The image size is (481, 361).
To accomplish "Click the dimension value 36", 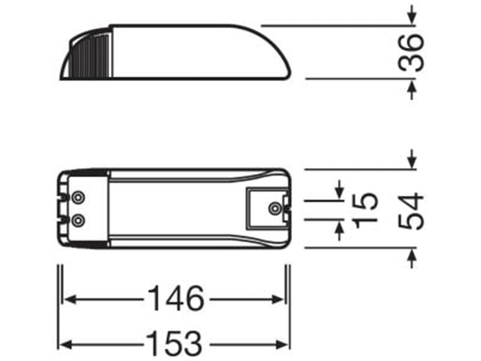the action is (411, 53).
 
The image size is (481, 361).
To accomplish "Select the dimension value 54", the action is (411, 211).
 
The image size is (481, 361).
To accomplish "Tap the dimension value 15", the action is (365, 211).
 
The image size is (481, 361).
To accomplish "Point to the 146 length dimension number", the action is (176, 298).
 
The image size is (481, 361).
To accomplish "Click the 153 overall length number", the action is (175, 344).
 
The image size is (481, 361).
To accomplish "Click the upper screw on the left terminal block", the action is (78, 197).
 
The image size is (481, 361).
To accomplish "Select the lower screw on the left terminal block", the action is (78, 220).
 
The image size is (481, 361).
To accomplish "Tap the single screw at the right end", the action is (274, 208).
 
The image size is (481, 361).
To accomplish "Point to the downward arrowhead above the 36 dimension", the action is (412, 19).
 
